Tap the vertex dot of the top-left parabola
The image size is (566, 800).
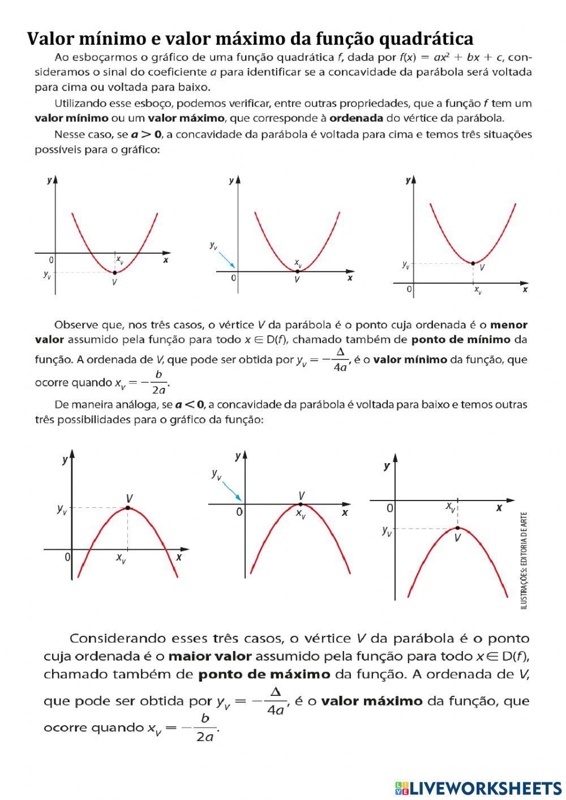click(115, 272)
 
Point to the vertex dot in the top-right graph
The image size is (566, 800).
click(473, 263)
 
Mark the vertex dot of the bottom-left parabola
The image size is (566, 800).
click(128, 508)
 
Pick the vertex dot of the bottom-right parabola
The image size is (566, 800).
click(457, 528)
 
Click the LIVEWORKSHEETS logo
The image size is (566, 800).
click(478, 788)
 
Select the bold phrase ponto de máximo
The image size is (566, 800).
click(264, 674)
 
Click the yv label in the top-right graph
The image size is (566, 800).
click(405, 264)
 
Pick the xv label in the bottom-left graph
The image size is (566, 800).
click(121, 558)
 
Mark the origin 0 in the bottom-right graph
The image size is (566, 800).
click(389, 508)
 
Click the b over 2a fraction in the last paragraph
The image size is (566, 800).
click(204, 727)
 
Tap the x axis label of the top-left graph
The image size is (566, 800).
click(165, 260)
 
